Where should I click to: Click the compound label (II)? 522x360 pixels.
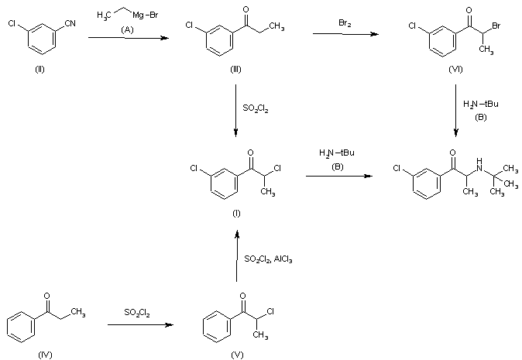[39, 70]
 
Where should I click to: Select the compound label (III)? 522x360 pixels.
[235, 70]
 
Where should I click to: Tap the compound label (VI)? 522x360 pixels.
[455, 70]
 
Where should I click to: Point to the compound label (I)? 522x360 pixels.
[236, 214]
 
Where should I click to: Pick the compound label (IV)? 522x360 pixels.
[45, 355]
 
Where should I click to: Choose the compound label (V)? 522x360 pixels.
[237, 355]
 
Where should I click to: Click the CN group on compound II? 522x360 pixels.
[70, 23]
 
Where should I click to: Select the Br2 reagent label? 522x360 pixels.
[345, 23]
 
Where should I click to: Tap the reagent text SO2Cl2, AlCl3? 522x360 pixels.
[268, 259]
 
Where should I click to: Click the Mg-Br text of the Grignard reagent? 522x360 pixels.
[146, 15]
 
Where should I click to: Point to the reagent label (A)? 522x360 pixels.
[127, 30]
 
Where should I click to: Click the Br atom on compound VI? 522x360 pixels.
[496, 26]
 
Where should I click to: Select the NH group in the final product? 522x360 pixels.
[479, 165]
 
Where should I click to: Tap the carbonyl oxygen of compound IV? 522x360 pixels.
[47, 296]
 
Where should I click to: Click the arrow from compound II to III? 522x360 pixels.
[129, 38]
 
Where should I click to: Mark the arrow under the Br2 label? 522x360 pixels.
[345, 33]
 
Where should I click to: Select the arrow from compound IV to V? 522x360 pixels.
[140, 324]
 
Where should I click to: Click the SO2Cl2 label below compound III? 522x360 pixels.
[256, 108]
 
